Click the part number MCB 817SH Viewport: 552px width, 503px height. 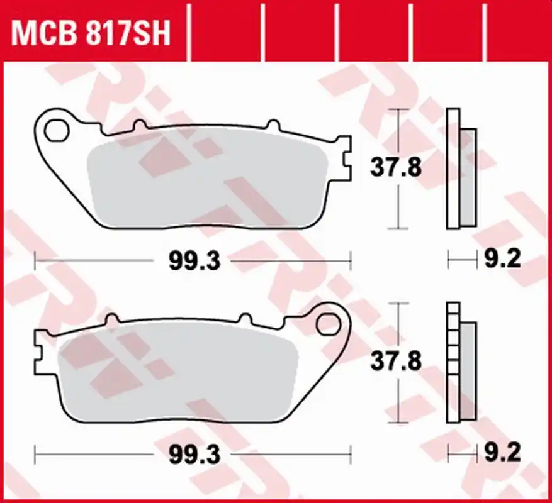tap(91, 33)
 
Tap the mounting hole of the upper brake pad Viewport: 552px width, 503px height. tap(56, 131)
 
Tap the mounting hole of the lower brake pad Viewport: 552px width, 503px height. tap(328, 324)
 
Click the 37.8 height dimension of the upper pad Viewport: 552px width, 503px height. tap(396, 167)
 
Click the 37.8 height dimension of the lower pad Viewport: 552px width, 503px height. tap(396, 362)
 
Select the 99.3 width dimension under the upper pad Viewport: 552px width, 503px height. tap(194, 261)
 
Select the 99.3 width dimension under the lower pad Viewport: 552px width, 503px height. tap(194, 455)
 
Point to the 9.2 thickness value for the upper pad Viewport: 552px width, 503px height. tap(502, 259)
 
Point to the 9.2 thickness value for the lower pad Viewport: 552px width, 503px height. tap(502, 452)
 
